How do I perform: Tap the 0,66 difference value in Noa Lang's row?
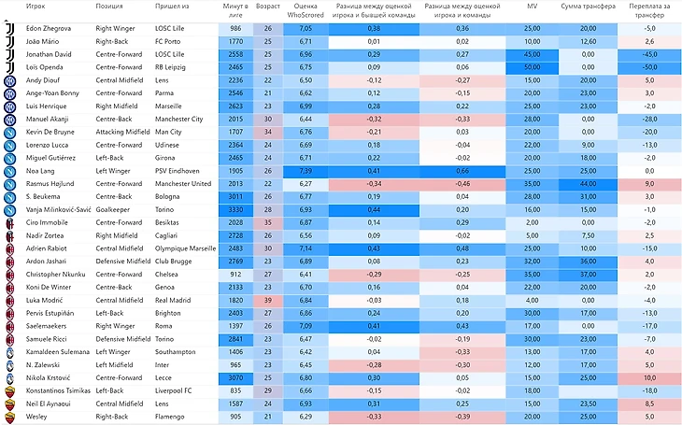click(x=462, y=172)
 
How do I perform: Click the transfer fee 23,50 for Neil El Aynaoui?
click(x=588, y=404)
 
